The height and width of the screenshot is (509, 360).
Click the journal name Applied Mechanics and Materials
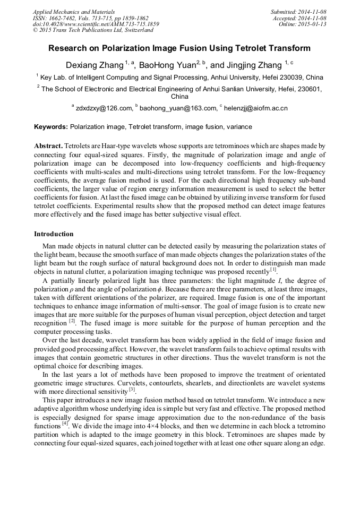74,11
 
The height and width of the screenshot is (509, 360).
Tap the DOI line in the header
96,24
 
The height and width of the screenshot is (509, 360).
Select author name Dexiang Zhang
94,65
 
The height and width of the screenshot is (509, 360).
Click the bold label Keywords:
51,127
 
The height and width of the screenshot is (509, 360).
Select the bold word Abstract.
48,145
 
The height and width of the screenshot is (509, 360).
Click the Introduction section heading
54,234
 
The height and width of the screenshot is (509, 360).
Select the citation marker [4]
65,424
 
